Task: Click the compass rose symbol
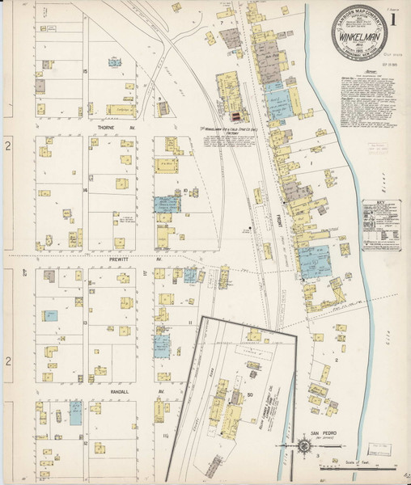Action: point(301,445)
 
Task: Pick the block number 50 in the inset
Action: point(250,394)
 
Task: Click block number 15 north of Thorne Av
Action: point(85,74)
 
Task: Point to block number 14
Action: point(85,189)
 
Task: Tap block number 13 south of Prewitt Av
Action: point(85,322)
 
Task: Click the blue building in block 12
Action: point(75,415)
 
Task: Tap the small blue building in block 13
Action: point(51,316)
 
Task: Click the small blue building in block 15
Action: point(115,61)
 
